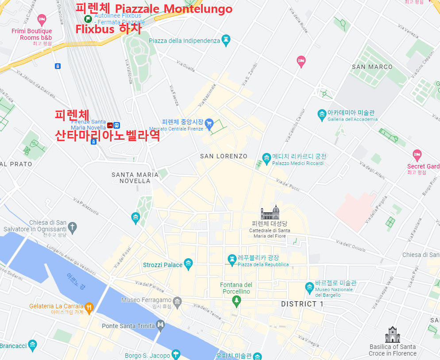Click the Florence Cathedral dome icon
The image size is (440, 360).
[x=270, y=212]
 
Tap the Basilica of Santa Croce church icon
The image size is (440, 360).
[x=392, y=335]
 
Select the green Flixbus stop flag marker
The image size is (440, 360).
[x=88, y=19]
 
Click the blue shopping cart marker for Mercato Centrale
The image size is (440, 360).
[x=209, y=123]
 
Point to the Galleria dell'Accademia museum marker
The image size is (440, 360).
[x=322, y=115]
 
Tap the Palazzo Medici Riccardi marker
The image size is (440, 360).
[x=266, y=157]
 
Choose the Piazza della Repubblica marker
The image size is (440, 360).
[x=232, y=259]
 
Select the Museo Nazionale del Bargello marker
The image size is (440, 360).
[x=309, y=287]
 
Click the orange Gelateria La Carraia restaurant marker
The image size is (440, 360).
[x=89, y=307]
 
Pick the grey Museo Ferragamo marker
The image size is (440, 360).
[x=177, y=303]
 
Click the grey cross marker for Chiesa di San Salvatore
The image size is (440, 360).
[x=72, y=228]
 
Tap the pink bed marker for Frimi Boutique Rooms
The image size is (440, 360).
[x=42, y=19]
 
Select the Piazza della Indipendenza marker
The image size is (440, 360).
[x=226, y=40]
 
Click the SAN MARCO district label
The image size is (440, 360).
[x=372, y=67]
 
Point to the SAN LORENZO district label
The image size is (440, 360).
[x=224, y=156]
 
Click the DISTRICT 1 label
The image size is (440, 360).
[x=302, y=304]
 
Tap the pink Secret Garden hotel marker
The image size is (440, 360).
[x=417, y=155]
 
